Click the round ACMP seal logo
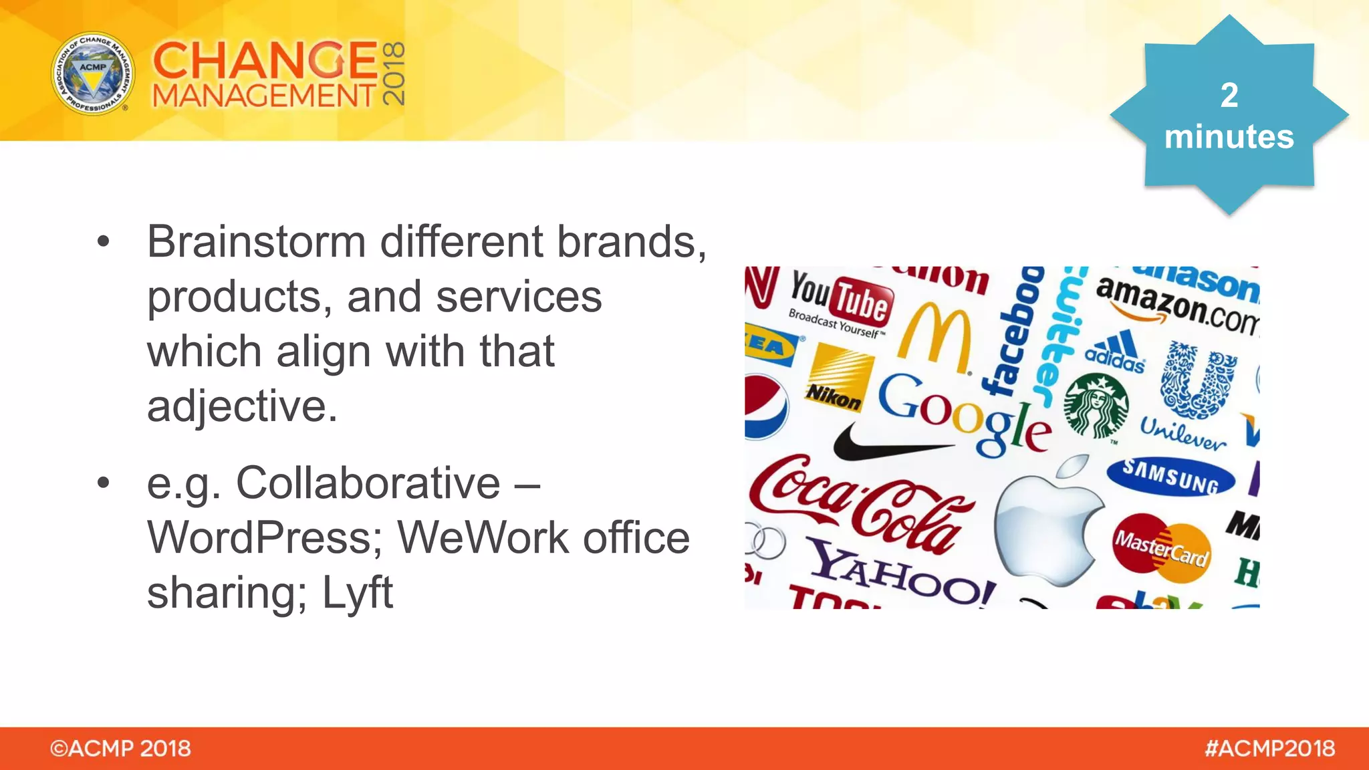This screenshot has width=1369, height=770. tap(93, 74)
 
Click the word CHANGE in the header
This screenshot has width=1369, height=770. tap(265, 60)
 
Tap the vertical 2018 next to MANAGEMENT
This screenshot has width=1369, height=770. tap(394, 74)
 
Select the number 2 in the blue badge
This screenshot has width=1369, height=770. tap(1229, 95)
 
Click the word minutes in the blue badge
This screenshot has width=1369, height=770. tap(1229, 137)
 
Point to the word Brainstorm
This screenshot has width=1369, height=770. tap(256, 241)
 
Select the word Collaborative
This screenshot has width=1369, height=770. tap(368, 483)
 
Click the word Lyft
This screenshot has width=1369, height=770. tap(357, 592)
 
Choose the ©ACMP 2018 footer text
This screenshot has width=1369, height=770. tap(120, 749)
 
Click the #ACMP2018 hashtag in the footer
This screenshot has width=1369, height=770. tap(1269, 749)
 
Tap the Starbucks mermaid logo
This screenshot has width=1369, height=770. tap(1096, 406)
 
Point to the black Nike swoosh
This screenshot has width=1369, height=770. tap(882, 444)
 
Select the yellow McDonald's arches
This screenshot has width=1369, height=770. tap(935, 338)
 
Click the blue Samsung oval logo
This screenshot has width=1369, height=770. tap(1170, 476)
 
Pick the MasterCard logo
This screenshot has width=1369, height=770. tap(1162, 545)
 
